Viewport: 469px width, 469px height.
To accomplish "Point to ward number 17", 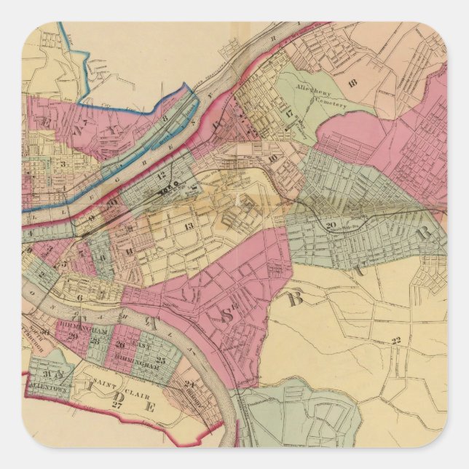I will point(289,114).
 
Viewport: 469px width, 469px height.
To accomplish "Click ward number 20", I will point(332,225).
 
